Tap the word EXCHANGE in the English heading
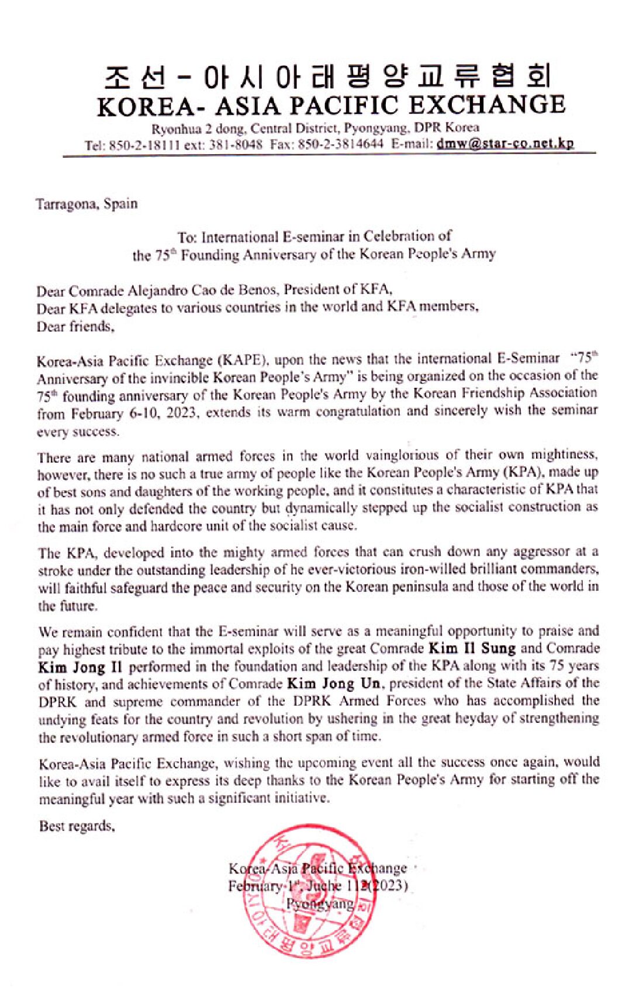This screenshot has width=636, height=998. click(x=486, y=106)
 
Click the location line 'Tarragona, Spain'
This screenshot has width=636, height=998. click(x=87, y=204)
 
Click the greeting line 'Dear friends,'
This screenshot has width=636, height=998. click(x=75, y=326)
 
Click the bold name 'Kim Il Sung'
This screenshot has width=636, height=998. click(x=472, y=648)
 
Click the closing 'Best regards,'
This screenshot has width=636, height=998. click(x=77, y=826)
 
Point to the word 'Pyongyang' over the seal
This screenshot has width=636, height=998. click(x=320, y=904)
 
